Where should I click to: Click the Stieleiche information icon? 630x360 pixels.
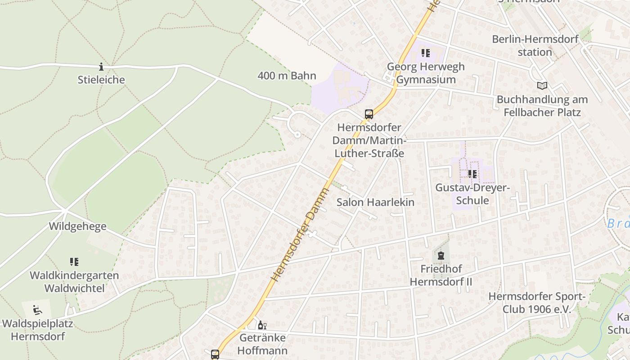click(101, 67)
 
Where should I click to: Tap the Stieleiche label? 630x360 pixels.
click(101, 80)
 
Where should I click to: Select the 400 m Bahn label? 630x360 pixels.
click(287, 76)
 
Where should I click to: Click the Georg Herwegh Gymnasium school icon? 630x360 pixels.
click(425, 53)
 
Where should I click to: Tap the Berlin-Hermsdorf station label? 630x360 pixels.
click(535, 45)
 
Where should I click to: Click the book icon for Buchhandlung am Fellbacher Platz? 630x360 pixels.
click(542, 85)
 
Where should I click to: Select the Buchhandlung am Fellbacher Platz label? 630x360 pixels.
click(542, 106)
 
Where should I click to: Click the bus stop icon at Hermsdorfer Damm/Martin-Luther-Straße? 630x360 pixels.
click(369, 114)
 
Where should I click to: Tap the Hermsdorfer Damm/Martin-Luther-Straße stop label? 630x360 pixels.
click(369, 140)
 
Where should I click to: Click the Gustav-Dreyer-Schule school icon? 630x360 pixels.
click(472, 174)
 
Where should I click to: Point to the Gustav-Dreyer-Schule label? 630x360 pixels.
click(472, 194)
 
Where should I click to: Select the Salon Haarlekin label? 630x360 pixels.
click(375, 202)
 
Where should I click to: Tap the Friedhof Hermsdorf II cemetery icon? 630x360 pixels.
click(441, 256)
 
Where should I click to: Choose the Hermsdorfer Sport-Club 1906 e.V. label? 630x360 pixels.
click(536, 303)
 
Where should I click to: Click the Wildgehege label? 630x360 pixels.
click(78, 226)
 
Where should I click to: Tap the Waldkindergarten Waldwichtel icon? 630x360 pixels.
click(74, 262)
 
